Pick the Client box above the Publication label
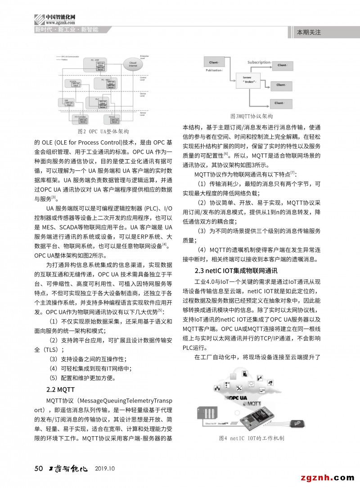[x=214, y=62]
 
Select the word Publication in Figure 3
[x=214, y=71]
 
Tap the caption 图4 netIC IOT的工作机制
[x=251, y=438]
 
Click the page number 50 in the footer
[x=38, y=469]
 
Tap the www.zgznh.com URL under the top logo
[x=60, y=22]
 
